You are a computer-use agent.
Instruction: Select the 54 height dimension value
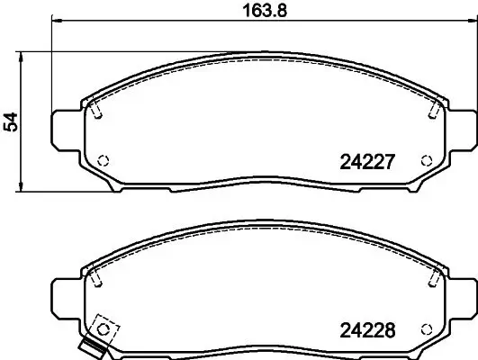pyautogui.click(x=12, y=122)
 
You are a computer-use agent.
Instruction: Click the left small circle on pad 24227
pyautogui.click(x=102, y=161)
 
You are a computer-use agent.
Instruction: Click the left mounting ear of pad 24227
pyautogui.click(x=65, y=130)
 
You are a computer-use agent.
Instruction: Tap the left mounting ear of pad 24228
pyautogui.click(x=65, y=296)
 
